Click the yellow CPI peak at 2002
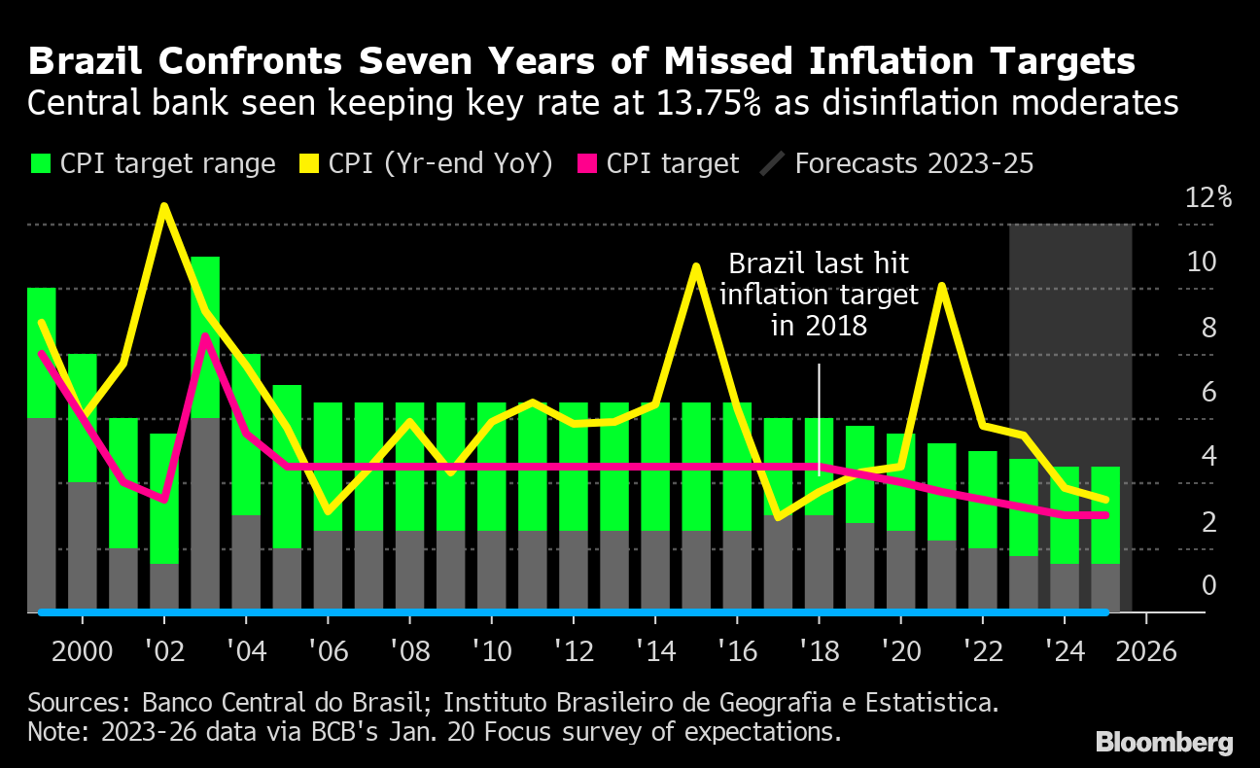click(x=164, y=206)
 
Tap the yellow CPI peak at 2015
click(x=696, y=265)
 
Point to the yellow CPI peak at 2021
click(x=941, y=286)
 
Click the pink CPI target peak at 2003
click(x=205, y=335)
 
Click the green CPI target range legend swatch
click(x=40, y=164)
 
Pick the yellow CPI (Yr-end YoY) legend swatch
click(x=310, y=164)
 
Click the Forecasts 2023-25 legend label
click(x=914, y=163)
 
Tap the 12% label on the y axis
click(x=1208, y=197)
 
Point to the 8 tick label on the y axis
click(x=1208, y=328)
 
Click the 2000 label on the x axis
click(x=81, y=649)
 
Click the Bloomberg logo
click(x=1164, y=743)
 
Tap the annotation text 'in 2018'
click(x=819, y=326)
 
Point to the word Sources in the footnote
click(x=76, y=702)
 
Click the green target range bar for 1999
click(x=41, y=350)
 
